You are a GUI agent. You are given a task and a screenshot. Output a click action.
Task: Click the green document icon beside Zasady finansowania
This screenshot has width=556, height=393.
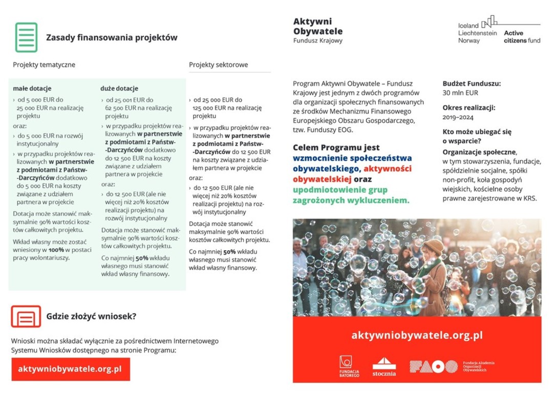[x=26, y=37]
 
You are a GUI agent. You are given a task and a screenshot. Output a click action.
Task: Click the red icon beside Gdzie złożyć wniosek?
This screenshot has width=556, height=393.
[x=26, y=316]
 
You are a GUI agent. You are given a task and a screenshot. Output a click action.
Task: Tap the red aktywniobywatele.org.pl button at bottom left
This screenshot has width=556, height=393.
[x=70, y=369]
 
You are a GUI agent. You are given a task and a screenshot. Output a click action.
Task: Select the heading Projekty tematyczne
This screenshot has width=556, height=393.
[x=44, y=65]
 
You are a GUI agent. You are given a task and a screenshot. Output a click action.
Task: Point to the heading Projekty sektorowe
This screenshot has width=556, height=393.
[x=218, y=65]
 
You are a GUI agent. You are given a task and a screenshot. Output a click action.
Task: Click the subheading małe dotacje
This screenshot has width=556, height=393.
[x=32, y=89]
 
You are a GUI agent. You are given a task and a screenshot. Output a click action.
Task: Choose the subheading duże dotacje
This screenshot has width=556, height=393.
[x=119, y=89]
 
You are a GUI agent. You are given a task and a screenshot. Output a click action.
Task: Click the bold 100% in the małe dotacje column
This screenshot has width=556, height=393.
[x=56, y=250]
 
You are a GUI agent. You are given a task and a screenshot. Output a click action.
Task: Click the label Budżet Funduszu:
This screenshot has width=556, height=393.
[x=472, y=83]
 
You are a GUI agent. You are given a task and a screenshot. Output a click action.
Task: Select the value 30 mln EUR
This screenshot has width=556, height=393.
[x=460, y=93]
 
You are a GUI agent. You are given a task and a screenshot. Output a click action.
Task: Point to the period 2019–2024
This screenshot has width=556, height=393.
[x=458, y=117]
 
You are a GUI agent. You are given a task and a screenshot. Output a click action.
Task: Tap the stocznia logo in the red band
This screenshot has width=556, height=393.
[x=384, y=366]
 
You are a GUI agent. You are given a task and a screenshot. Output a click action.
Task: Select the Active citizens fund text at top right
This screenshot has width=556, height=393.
[x=522, y=37]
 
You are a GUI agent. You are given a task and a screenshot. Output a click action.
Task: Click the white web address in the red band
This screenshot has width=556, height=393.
[x=417, y=336]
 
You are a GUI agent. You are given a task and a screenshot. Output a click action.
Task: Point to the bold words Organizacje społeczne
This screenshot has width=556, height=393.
[x=479, y=152]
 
